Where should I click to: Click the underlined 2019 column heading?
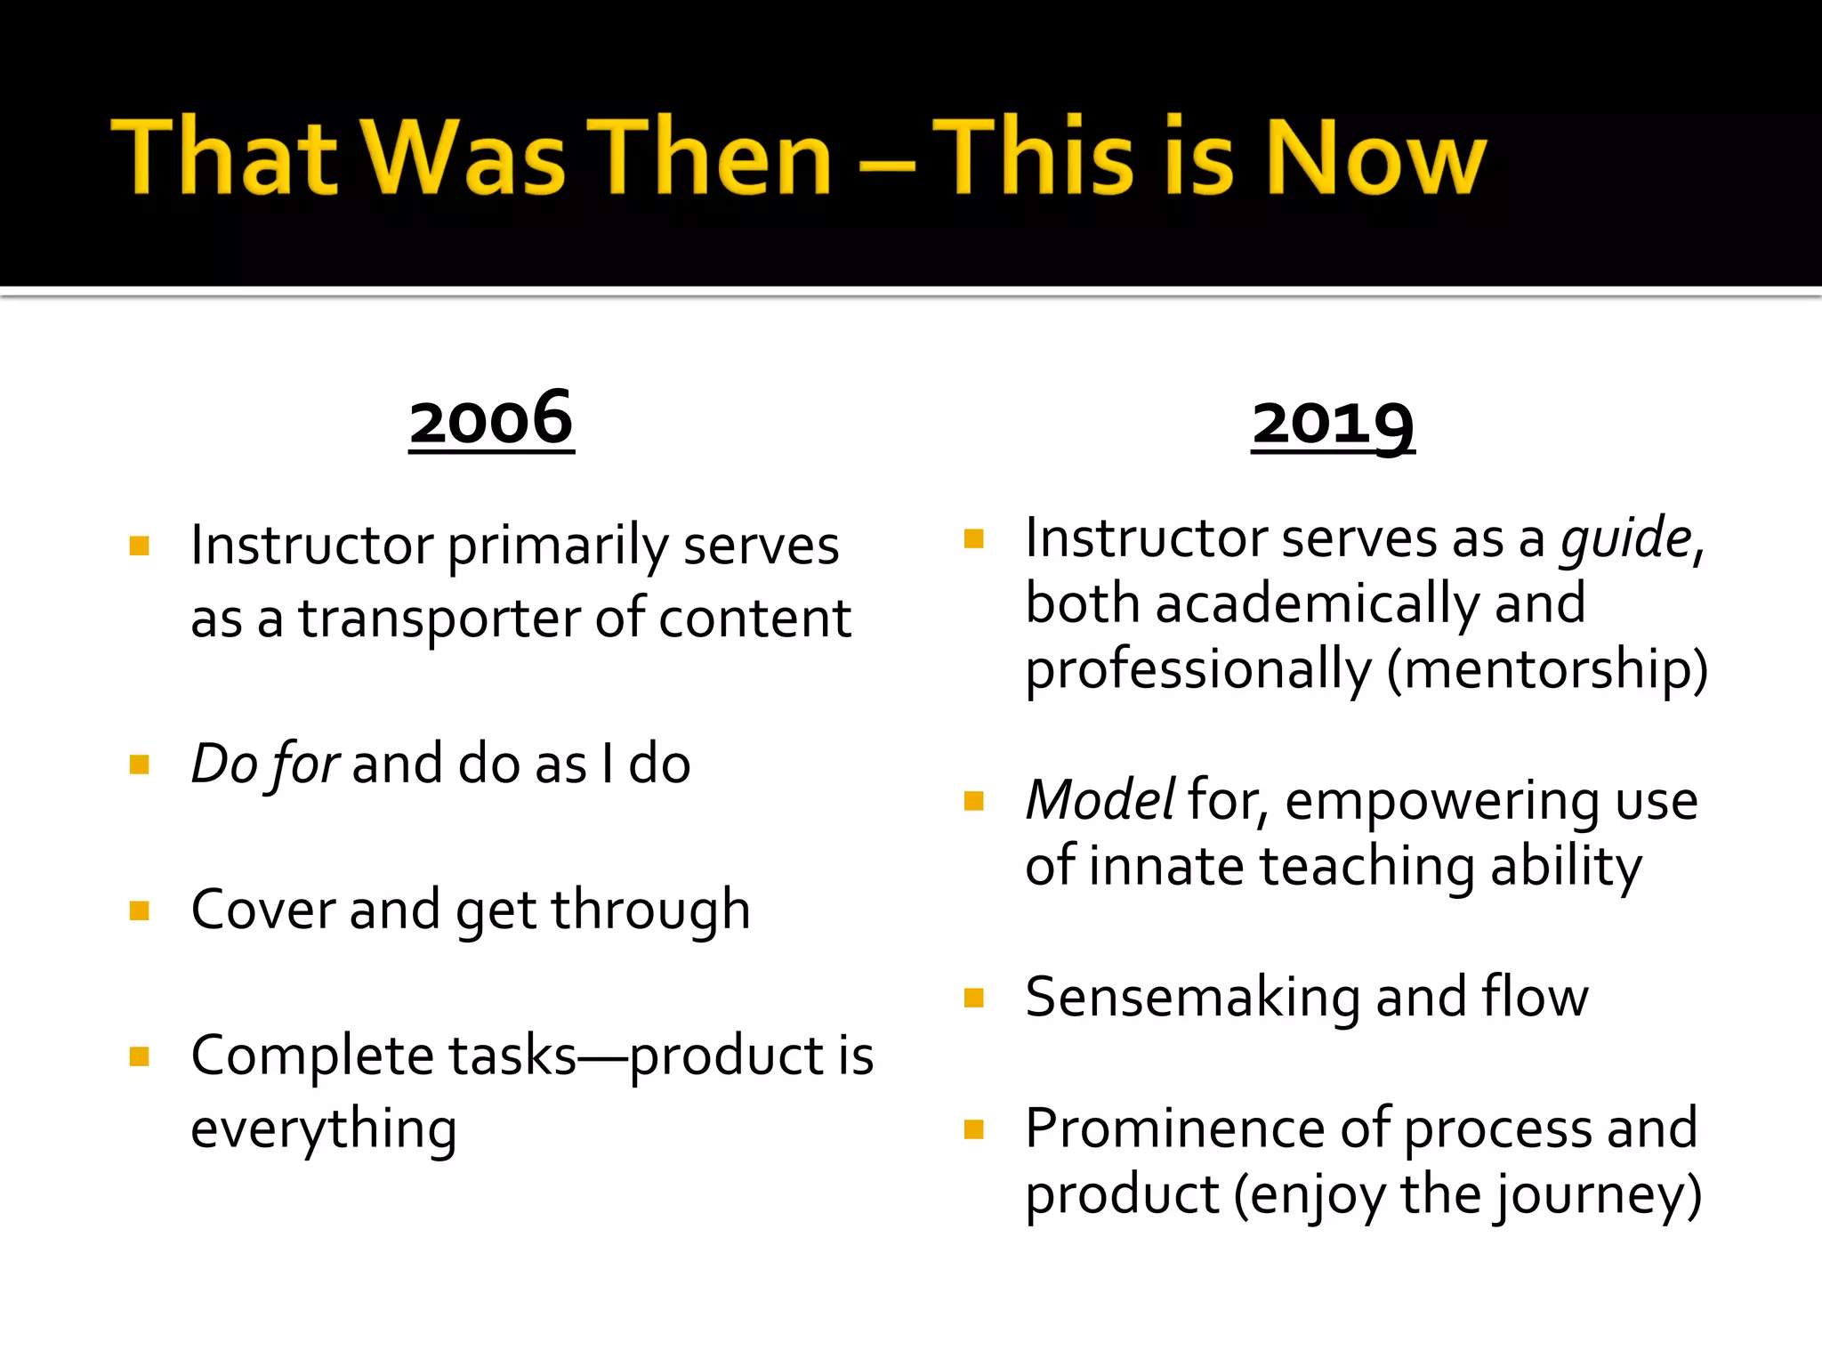(1333, 425)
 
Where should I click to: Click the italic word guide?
(1625, 539)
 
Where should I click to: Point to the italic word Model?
(1100, 800)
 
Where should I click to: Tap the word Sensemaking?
(1192, 997)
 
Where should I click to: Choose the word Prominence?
(1174, 1128)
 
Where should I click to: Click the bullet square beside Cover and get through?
(140, 910)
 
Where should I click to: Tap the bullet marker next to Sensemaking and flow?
(974, 998)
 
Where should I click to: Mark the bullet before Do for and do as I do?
(140, 764)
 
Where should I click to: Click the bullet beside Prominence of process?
(974, 1129)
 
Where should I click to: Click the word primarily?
(557, 546)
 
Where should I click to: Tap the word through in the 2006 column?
(650, 910)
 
